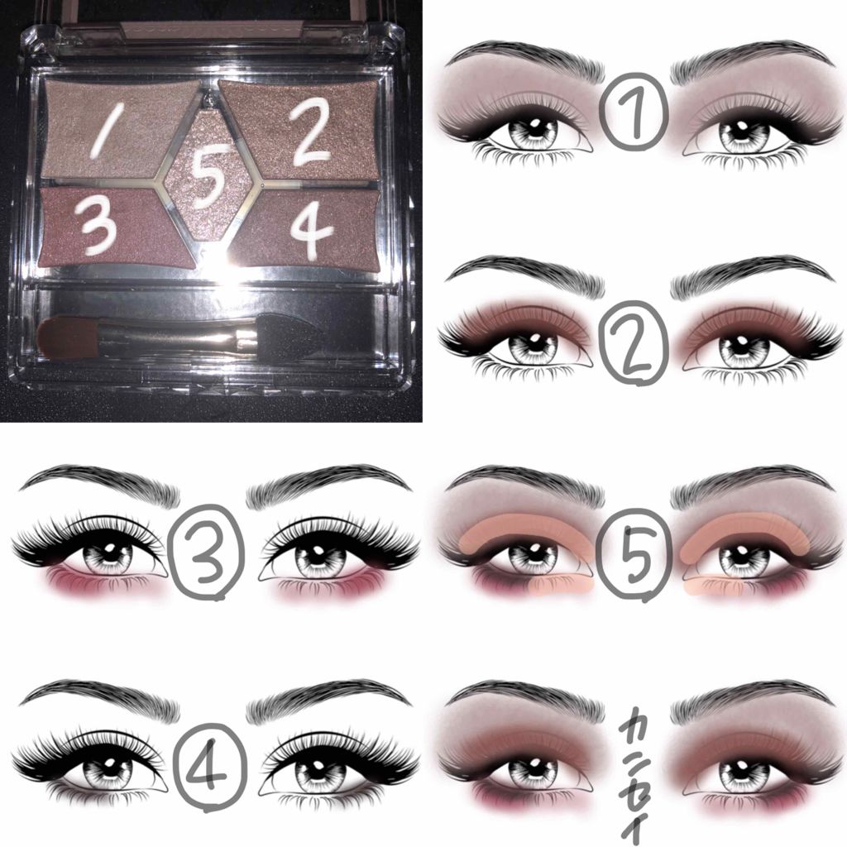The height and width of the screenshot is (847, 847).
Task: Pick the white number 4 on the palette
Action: (311, 229)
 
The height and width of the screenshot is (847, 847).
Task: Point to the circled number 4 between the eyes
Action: (211, 766)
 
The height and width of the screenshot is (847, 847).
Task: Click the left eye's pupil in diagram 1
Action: (532, 131)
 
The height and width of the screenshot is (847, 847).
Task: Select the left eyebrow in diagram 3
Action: (100, 482)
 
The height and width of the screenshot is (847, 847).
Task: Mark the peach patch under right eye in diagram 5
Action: (711, 586)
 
